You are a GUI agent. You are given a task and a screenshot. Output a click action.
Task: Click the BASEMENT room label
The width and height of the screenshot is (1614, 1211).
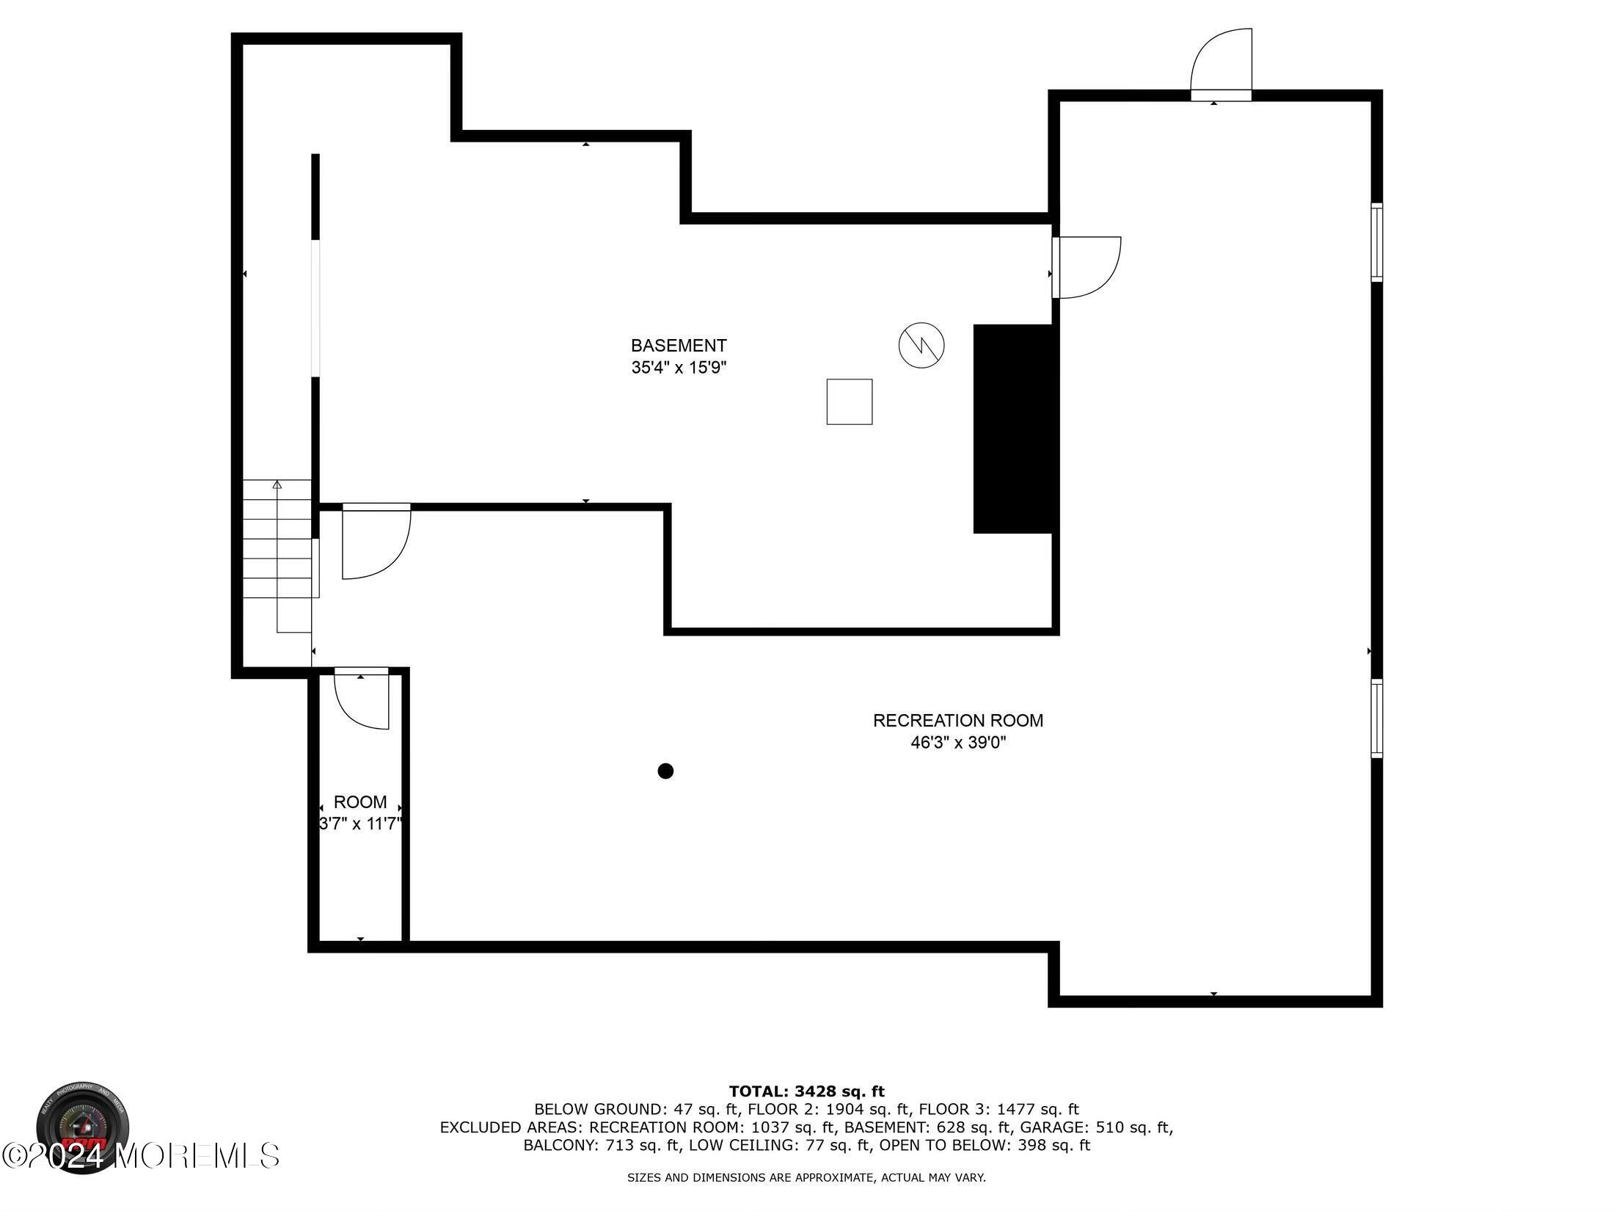coord(679,346)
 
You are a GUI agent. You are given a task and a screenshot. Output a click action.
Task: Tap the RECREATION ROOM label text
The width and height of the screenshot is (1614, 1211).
coord(957,721)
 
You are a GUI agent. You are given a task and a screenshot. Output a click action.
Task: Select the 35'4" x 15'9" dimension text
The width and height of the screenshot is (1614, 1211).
coord(679,368)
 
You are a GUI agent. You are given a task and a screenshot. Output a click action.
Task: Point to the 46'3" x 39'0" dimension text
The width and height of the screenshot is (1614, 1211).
coord(957,743)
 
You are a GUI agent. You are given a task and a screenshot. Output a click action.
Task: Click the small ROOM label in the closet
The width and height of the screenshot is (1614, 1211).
coord(359,802)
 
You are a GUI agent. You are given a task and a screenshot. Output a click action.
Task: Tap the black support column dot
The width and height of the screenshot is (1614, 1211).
coord(665,771)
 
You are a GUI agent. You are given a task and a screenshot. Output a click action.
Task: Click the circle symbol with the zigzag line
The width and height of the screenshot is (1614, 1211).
coord(921,345)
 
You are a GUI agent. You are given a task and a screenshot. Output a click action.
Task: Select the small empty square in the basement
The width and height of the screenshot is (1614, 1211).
coord(850,401)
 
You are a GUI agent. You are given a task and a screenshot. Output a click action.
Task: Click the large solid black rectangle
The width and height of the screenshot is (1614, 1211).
coord(1012,429)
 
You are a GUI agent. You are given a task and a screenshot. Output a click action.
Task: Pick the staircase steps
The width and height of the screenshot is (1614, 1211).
coord(277,539)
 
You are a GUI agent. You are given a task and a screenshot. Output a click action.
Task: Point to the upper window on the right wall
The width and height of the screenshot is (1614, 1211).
coord(1377,242)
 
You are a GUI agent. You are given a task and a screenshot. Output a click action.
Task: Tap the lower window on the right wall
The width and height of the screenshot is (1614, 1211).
coord(1377,719)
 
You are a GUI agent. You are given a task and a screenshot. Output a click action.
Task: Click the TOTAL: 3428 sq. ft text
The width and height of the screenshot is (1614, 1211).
coord(806,1091)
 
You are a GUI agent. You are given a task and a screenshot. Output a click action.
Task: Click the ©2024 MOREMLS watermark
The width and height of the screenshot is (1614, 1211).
coord(141,1155)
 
